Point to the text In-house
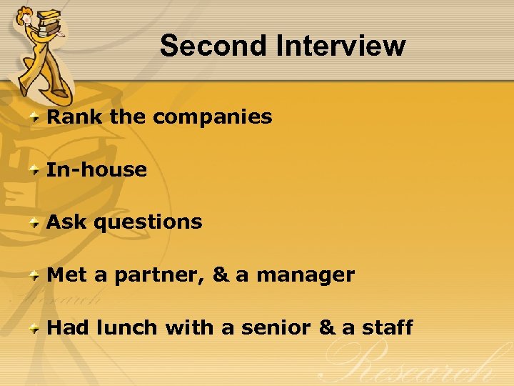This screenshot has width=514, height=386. point(96,169)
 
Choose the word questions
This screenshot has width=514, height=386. point(148,222)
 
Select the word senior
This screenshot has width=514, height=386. point(276,327)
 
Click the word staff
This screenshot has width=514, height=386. point(387,327)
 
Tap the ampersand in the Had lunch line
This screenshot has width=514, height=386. point(326,327)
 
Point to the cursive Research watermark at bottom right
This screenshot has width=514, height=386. point(414,365)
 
